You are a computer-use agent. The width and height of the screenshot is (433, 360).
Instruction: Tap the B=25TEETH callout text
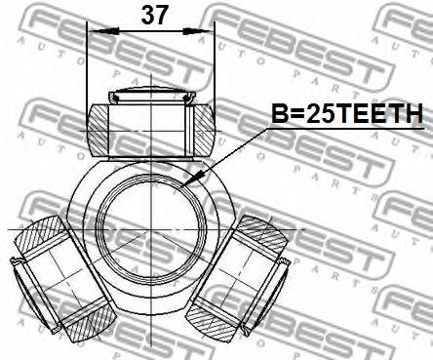(x=347, y=113)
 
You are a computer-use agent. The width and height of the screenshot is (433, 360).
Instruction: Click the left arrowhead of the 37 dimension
(x=104, y=31)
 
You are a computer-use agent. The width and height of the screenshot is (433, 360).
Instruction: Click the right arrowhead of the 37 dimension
(x=198, y=31)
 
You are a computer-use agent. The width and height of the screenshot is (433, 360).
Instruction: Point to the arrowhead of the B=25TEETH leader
(x=192, y=180)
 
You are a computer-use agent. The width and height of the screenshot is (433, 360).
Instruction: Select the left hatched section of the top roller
(x=98, y=129)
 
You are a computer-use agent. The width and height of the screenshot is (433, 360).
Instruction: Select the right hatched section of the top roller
(x=204, y=129)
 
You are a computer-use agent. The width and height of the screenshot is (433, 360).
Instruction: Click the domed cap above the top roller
(x=152, y=94)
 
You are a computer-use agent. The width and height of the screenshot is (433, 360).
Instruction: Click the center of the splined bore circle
(x=152, y=229)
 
